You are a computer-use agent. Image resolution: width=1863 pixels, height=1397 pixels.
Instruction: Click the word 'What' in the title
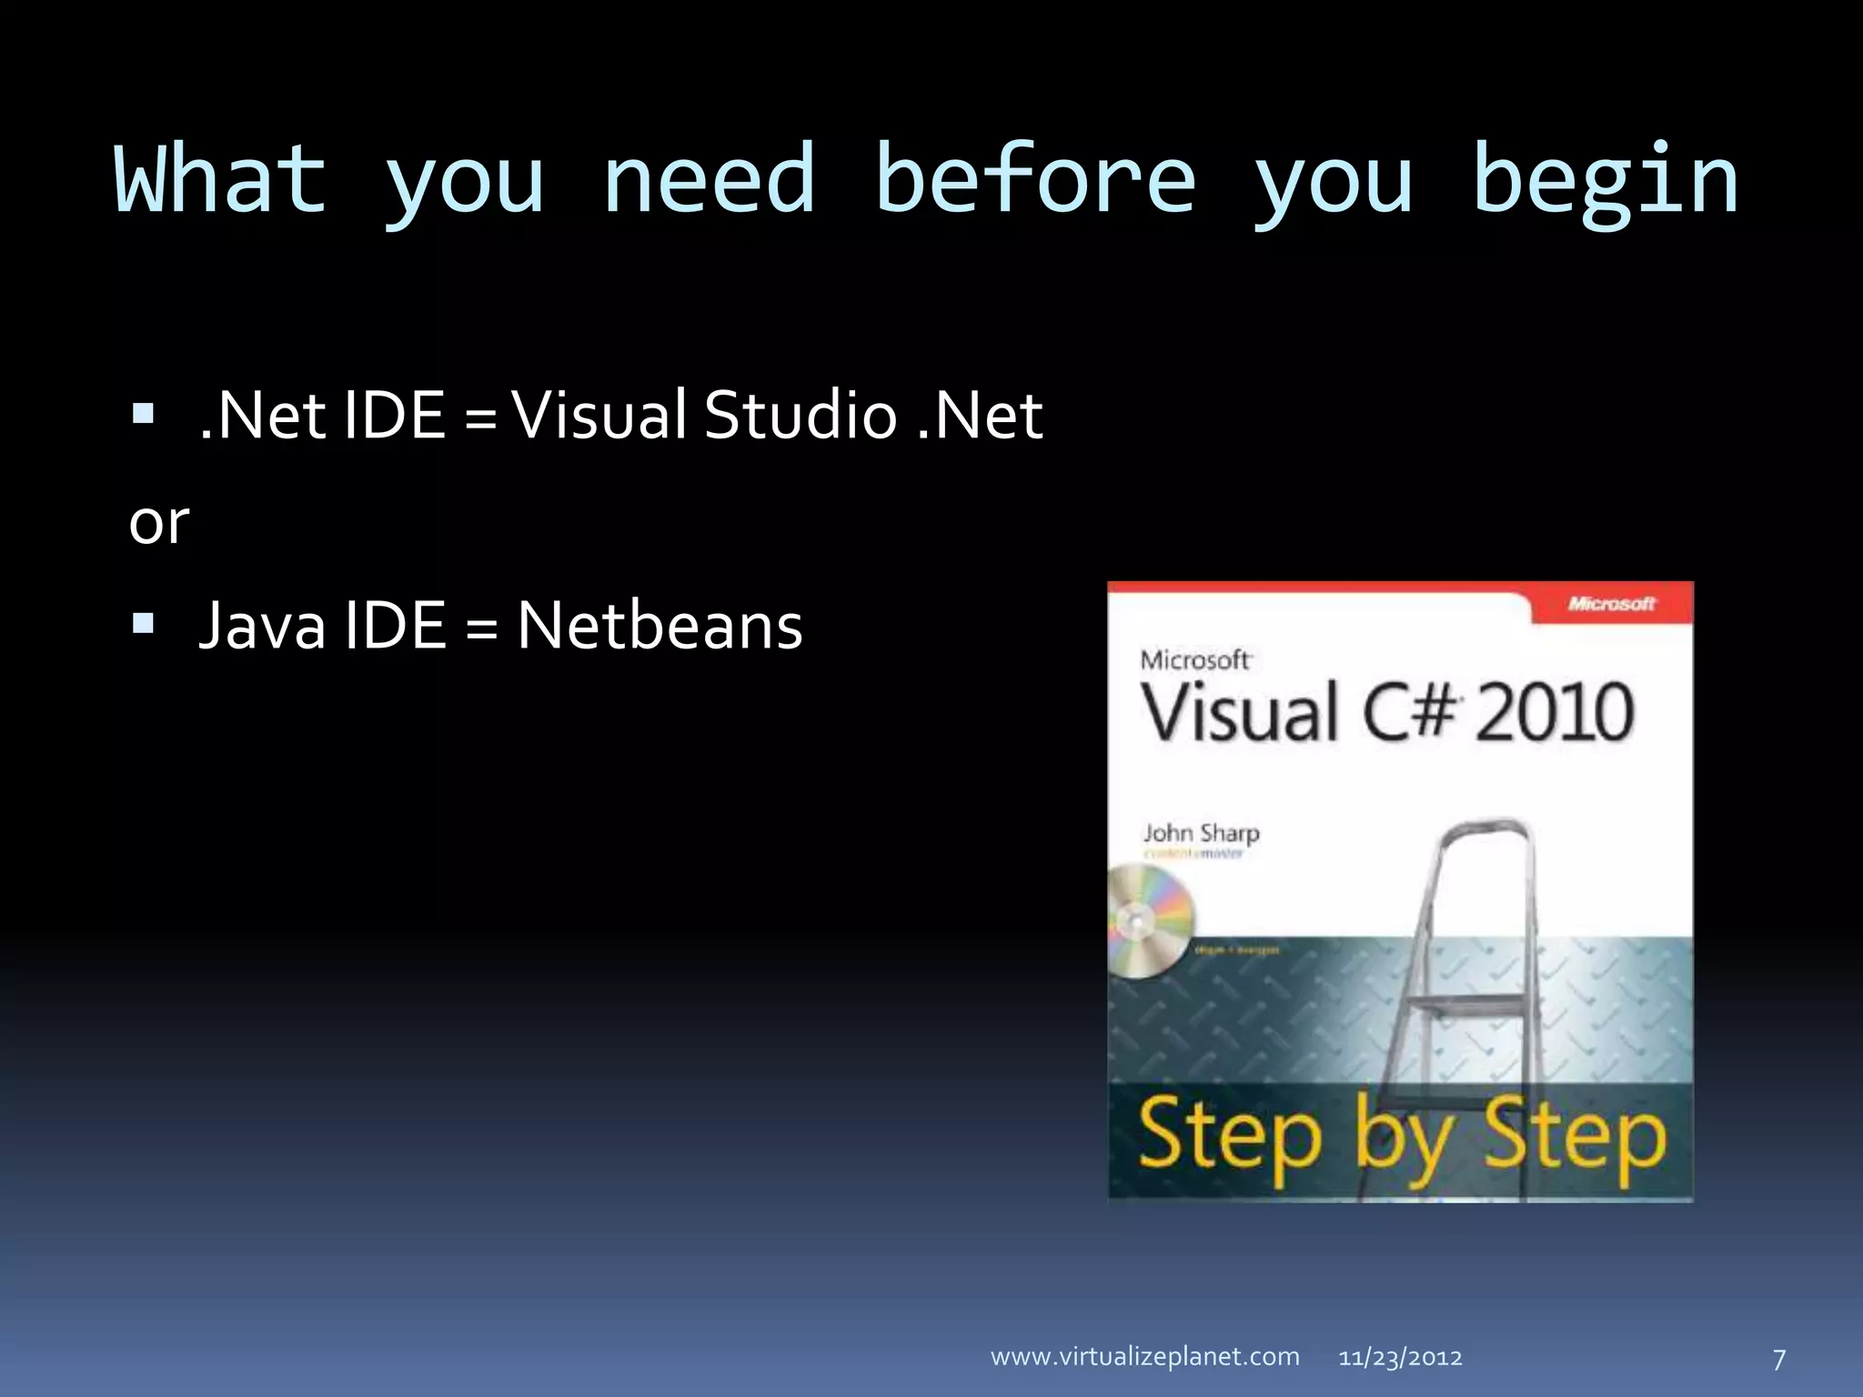tap(220, 180)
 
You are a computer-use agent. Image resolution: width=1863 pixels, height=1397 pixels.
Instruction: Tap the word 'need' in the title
tap(709, 180)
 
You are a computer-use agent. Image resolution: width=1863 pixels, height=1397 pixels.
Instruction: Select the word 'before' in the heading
tap(1035, 180)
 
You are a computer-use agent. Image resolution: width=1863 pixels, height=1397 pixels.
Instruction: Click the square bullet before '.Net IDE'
tap(143, 415)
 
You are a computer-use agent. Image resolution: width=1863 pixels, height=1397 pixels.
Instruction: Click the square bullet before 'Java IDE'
tap(143, 624)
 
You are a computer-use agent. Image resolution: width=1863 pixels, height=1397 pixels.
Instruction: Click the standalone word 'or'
tap(159, 524)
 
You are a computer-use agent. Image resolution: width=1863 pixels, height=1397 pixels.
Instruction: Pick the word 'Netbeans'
tap(660, 626)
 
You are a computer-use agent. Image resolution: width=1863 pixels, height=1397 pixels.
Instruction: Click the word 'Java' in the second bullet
tap(262, 626)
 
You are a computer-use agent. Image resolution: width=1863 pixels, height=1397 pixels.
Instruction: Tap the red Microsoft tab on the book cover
tap(1611, 604)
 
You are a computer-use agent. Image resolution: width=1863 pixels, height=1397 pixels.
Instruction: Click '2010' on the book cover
tap(1555, 712)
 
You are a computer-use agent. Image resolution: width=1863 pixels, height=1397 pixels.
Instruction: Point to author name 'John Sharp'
tap(1201, 833)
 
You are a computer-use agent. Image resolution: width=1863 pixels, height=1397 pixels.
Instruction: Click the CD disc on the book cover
tap(1146, 921)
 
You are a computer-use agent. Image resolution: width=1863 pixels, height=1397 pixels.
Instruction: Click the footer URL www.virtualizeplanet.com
tap(1144, 1357)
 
